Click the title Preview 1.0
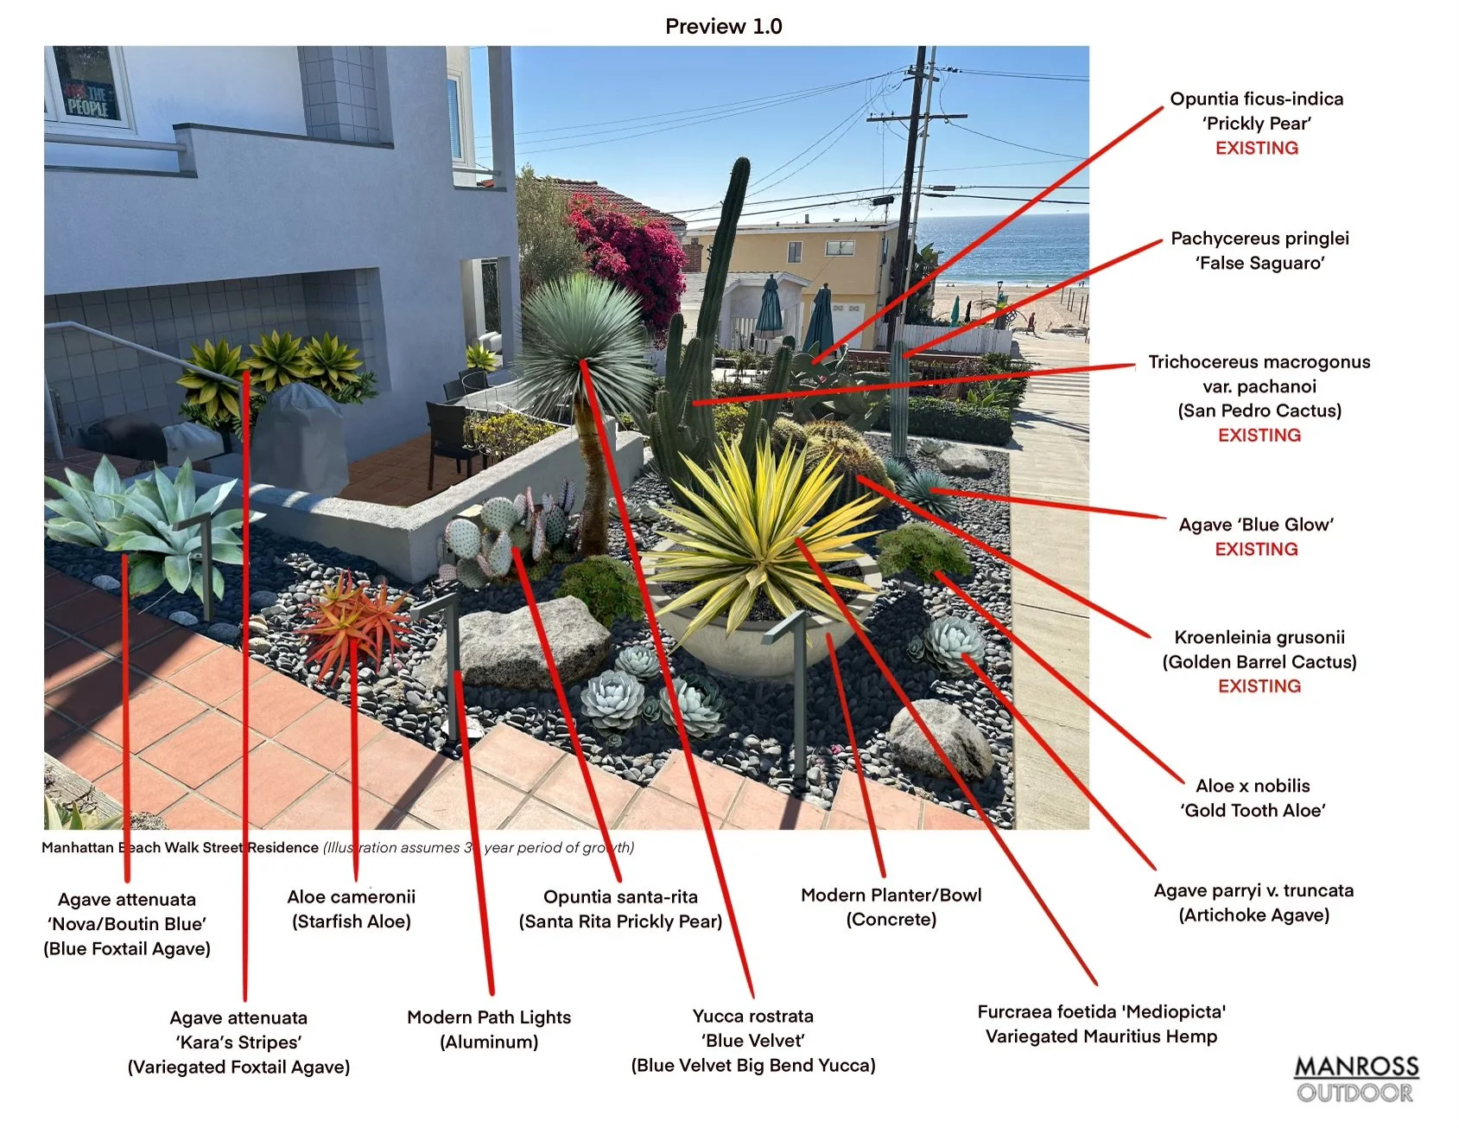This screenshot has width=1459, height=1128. (723, 27)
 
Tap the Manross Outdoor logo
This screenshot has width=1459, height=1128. (1355, 1079)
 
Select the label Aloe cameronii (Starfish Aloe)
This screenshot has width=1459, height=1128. (352, 909)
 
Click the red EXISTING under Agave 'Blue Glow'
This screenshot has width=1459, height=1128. (1256, 550)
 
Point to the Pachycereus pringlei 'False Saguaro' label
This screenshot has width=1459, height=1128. (1259, 251)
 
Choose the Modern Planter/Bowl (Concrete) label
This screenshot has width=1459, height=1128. (891, 907)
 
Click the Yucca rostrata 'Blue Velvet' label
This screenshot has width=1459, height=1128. (753, 1040)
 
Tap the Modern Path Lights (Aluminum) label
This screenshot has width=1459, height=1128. (489, 1029)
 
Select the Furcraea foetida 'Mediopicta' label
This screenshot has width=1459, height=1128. (1101, 1023)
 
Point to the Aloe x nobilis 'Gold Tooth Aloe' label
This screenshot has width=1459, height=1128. (1253, 798)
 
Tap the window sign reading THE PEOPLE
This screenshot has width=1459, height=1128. (87, 101)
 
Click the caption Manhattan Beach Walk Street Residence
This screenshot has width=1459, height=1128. (180, 848)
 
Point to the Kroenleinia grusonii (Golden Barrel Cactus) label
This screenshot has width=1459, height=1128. (1259, 650)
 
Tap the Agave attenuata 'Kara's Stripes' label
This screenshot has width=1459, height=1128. (238, 1042)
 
